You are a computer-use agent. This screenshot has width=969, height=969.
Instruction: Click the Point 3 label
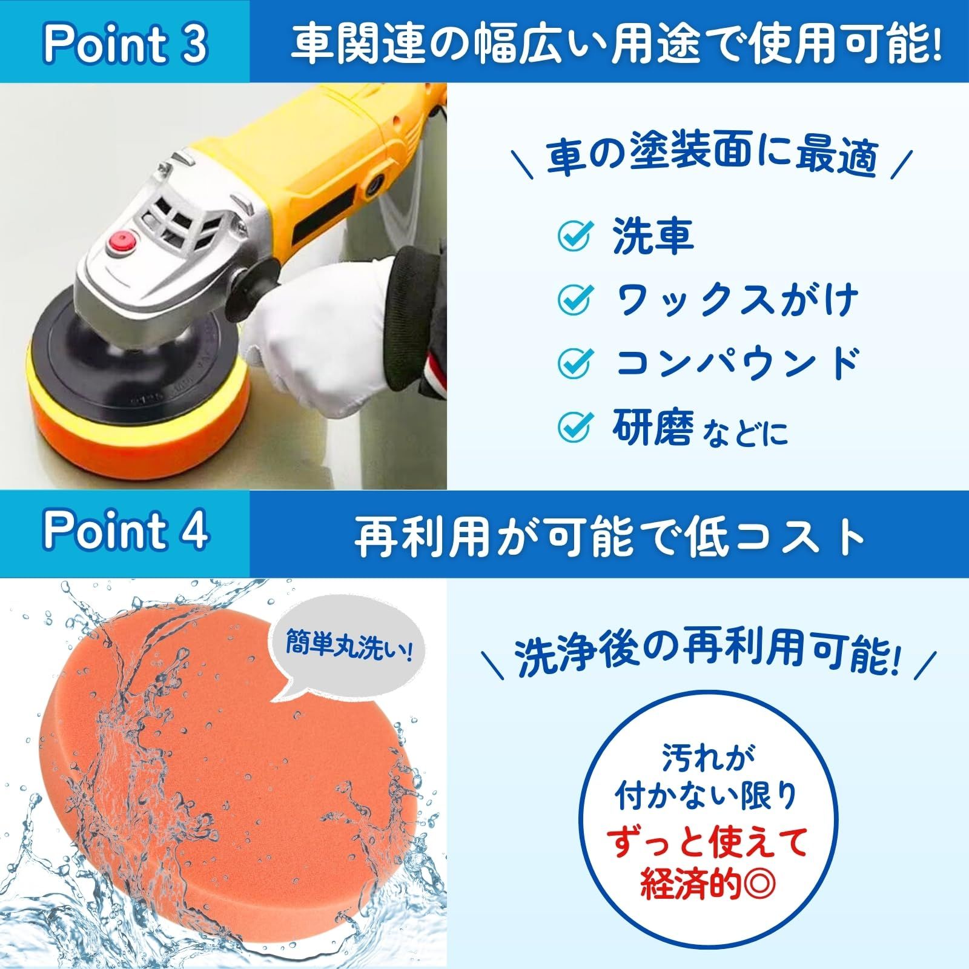125,44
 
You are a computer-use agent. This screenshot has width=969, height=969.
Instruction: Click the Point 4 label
125,531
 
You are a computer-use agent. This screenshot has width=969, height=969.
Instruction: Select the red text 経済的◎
707,885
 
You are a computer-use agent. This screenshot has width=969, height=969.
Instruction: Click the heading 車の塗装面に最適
712,157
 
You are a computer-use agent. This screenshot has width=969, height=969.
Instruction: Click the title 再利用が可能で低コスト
609,535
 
